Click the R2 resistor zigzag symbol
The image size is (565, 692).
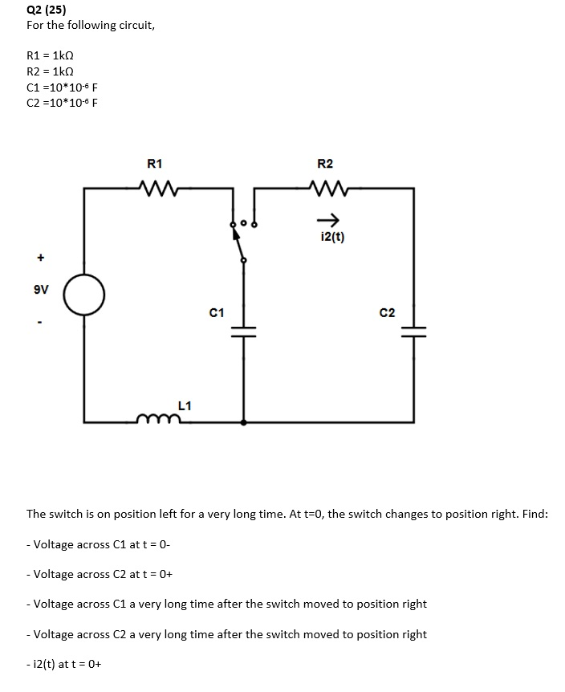[325, 189]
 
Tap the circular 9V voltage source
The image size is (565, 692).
[84, 295]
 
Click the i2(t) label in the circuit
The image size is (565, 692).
[331, 237]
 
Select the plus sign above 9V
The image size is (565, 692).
[38, 258]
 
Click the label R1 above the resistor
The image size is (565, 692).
[156, 164]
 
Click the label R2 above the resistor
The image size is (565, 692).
[325, 164]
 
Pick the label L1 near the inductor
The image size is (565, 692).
[184, 406]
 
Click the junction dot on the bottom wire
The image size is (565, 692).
[244, 421]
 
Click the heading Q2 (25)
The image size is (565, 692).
[47, 10]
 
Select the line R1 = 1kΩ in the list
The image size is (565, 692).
[52, 56]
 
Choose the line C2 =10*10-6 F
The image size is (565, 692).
[63, 102]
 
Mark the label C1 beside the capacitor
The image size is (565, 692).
[216, 311]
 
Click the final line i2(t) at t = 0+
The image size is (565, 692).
[69, 664]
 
